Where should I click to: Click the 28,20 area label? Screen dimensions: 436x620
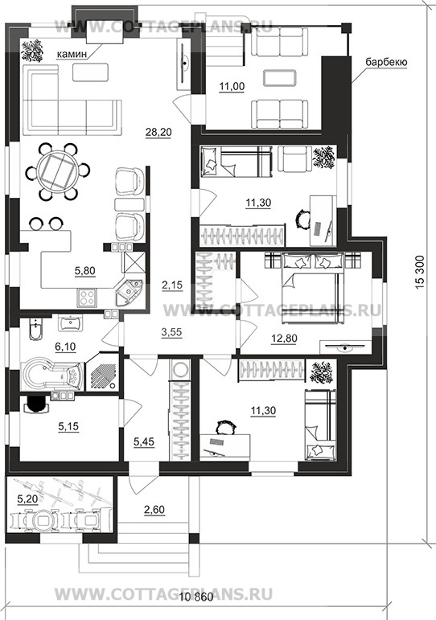(158, 132)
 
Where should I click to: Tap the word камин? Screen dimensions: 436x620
(72, 54)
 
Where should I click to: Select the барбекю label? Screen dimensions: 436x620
(386, 62)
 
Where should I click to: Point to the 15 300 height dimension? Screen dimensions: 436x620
(420, 271)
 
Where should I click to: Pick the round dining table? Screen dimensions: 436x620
(58, 171)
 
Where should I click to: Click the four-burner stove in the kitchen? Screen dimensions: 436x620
(87, 298)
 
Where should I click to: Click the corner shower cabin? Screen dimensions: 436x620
(102, 372)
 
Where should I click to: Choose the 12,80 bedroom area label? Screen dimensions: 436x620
(284, 339)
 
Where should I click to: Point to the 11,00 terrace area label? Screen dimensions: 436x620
(232, 86)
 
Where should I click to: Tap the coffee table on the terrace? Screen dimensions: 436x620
(280, 78)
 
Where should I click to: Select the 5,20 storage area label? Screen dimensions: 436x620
(27, 499)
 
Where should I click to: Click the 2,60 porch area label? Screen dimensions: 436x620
(154, 510)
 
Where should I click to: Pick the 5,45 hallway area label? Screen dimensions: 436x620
(144, 442)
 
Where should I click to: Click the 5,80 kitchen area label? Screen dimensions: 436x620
(84, 271)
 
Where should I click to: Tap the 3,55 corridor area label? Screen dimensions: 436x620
(171, 332)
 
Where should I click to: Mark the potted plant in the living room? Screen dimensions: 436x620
(31, 50)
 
